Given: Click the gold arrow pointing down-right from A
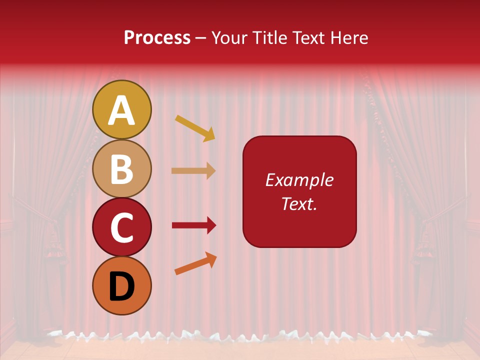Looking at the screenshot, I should tap(195, 128).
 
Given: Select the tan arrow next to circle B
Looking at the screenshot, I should tap(193, 170).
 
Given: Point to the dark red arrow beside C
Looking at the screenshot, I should tap(193, 225).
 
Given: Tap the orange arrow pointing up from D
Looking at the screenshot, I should tap(195, 263).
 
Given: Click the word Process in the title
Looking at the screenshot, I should tap(157, 37).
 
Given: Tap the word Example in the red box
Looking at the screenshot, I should tap(299, 180).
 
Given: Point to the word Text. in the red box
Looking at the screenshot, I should tap(299, 203).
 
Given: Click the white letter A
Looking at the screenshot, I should tap(121, 110).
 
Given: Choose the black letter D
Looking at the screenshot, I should tap(121, 286).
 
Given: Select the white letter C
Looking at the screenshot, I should tap(121, 228).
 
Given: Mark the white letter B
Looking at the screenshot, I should tap(121, 169).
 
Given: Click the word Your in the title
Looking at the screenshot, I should tap(229, 37).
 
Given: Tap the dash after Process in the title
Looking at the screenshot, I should tap(201, 38).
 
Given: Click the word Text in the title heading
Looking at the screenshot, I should tap(307, 37).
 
